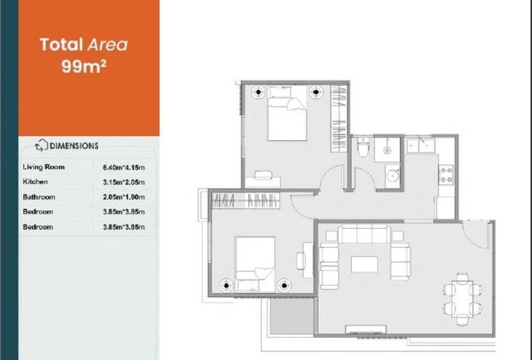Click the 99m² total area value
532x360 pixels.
(x=84, y=66)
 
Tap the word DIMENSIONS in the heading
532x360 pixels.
(x=74, y=146)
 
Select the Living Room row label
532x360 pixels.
(x=44, y=167)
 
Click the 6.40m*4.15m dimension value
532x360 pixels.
(x=123, y=167)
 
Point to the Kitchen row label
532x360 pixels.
(x=35, y=182)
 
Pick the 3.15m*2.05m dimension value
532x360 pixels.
(x=123, y=182)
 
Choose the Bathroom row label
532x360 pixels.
(x=39, y=197)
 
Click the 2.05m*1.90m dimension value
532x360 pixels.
(x=123, y=197)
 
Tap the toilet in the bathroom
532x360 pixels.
(x=362, y=147)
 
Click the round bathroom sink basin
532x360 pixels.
(x=393, y=176)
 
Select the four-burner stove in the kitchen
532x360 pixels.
(x=446, y=174)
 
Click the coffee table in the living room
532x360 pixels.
(x=364, y=264)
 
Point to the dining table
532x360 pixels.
(x=462, y=299)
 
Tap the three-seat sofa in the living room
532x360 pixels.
(x=365, y=234)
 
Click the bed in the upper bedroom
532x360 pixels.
(x=287, y=113)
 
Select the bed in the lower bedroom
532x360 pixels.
(x=255, y=264)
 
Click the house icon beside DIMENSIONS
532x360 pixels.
(x=41, y=145)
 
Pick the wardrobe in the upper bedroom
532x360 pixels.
(x=338, y=119)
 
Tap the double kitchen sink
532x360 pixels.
(x=421, y=145)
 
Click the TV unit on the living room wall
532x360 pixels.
(x=366, y=329)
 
